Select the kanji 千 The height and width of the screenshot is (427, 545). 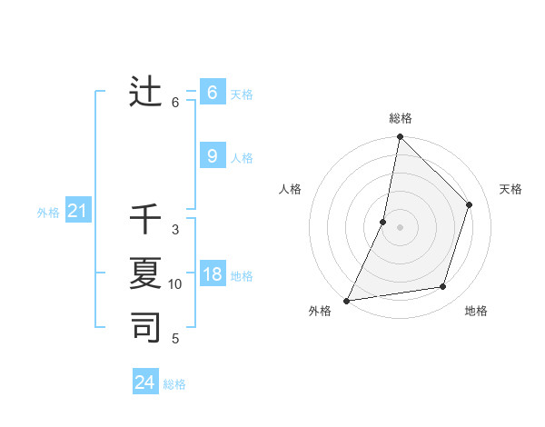tap(146, 219)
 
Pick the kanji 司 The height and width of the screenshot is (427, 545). tap(146, 326)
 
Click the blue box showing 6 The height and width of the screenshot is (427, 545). tap(212, 92)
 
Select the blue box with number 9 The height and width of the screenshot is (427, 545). tap(212, 156)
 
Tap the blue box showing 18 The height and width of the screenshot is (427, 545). tap(212, 274)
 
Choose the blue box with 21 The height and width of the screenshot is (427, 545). tap(77, 212)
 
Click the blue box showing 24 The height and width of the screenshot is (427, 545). tap(144, 382)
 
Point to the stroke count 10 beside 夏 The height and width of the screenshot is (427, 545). tap(175, 284)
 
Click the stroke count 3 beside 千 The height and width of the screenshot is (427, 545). tap(175, 230)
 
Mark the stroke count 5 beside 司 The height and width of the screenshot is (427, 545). tap(175, 339)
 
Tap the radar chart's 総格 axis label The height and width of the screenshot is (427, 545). tap(401, 118)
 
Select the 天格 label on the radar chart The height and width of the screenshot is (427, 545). tap(510, 189)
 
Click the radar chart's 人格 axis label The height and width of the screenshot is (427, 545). tap(290, 189)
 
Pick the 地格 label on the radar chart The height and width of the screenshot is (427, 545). tap(476, 312)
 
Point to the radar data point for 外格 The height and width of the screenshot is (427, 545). tap(346, 300)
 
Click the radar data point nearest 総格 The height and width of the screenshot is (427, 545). tap(400, 137)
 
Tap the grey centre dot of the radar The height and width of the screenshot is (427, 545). tap(400, 227)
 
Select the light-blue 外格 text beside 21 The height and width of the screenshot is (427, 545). tap(48, 213)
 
